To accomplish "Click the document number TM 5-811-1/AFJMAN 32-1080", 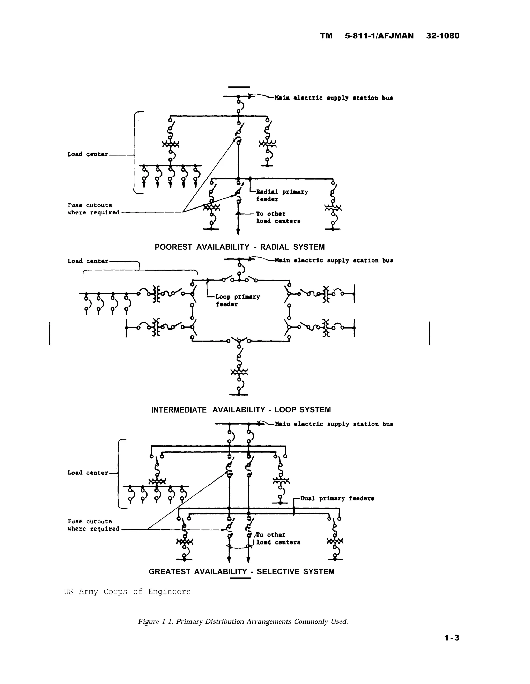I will click(389, 36).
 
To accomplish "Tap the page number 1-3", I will click(451, 638).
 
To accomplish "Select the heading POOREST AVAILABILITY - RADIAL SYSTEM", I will click(239, 247).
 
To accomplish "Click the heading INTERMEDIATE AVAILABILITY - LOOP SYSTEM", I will click(241, 410).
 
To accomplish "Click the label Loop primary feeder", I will click(237, 300).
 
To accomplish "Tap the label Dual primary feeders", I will click(337, 498).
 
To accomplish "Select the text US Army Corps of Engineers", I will click(127, 592).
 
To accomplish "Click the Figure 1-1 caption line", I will click(243, 621).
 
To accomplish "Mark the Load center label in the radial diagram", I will click(88, 154).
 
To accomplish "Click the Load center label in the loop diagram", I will click(88, 261).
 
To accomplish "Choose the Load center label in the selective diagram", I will click(88, 473).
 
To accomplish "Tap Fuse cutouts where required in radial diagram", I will click(93, 209).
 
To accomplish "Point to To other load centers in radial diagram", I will click(278, 217).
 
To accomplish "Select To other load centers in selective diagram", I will click(278, 538).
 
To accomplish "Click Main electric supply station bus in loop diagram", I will click(334, 260).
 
